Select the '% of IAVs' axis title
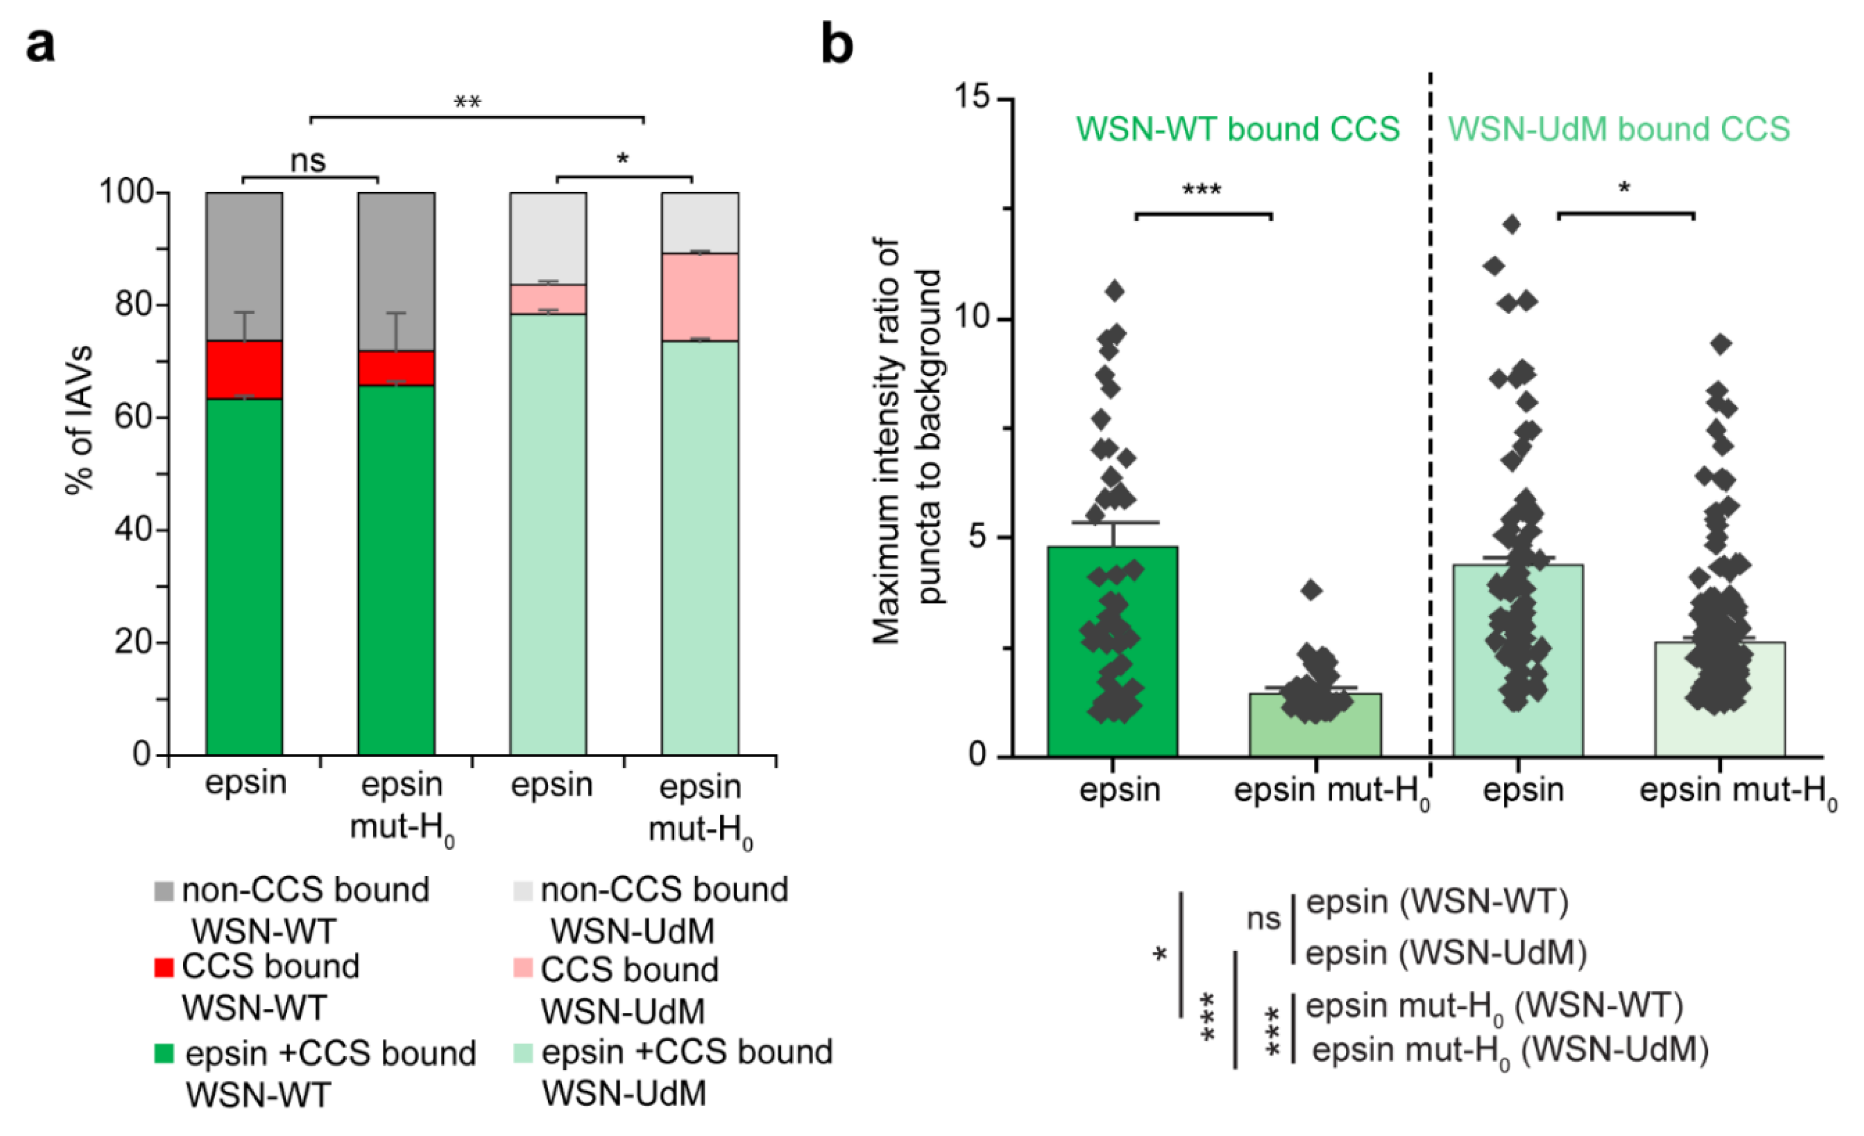79,420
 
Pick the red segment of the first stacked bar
245,369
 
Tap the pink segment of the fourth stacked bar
700,296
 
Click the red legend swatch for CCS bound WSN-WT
163,967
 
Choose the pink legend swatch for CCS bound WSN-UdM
522,968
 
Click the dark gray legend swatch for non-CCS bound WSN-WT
163,890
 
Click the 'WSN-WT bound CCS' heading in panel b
1238,129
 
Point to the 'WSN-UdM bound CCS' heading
1619,129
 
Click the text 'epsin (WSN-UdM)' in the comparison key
1446,952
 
